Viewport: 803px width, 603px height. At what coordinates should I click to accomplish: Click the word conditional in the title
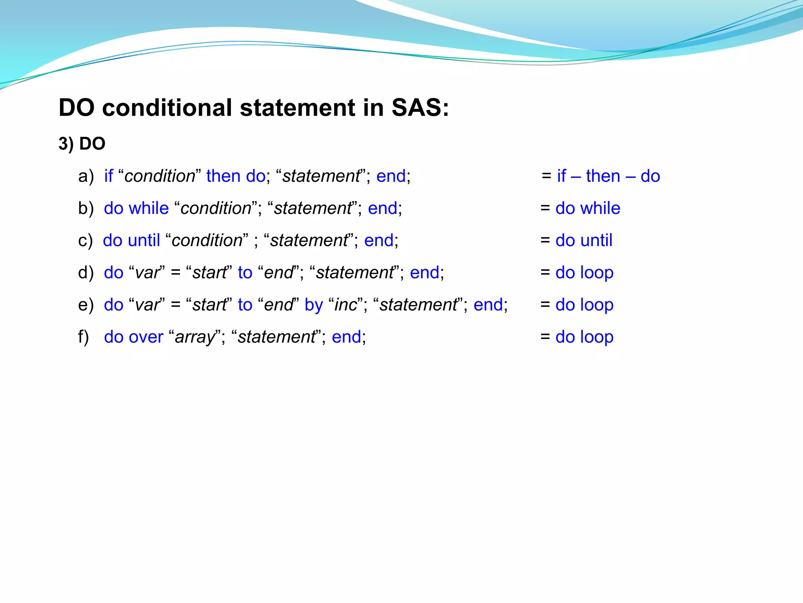pyautogui.click(x=167, y=108)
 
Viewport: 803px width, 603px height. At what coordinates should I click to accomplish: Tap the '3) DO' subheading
pyautogui.click(x=82, y=144)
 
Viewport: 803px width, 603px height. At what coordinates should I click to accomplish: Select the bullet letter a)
pyautogui.click(x=86, y=176)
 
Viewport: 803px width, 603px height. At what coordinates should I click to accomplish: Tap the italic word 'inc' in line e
pyautogui.click(x=346, y=305)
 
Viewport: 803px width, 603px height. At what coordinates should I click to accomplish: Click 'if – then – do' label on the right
pyautogui.click(x=608, y=176)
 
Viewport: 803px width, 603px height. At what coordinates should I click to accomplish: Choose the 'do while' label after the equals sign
pyautogui.click(x=588, y=208)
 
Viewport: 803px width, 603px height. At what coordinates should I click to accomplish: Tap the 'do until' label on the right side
pyautogui.click(x=584, y=241)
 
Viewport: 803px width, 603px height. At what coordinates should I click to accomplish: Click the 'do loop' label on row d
pyautogui.click(x=584, y=273)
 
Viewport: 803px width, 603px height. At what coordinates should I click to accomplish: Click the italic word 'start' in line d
pyautogui.click(x=209, y=273)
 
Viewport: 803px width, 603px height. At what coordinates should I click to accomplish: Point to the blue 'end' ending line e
pyautogui.click(x=488, y=305)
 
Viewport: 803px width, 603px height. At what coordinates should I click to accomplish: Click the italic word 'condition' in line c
pyautogui.click(x=207, y=241)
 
